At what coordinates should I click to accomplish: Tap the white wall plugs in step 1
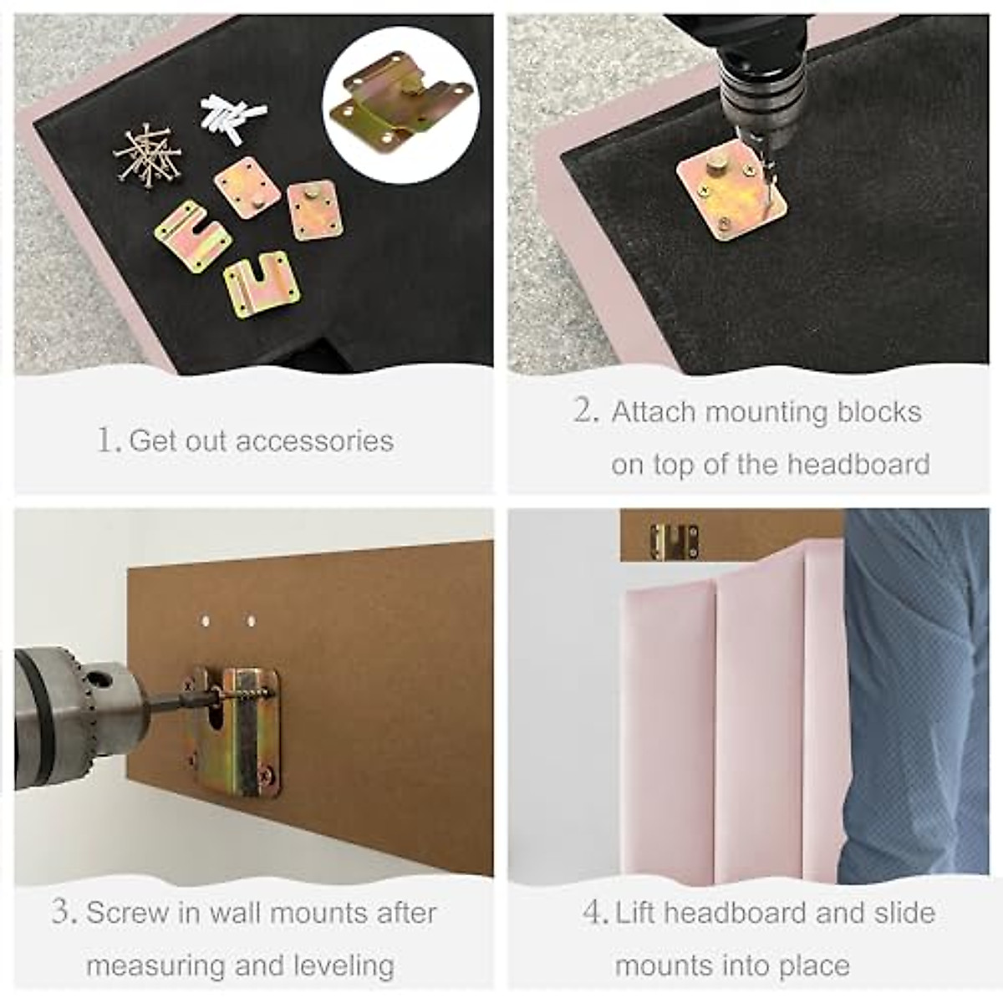pos(232,116)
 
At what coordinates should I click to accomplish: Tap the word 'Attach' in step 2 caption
pos(653,412)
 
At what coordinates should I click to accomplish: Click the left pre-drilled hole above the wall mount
pos(206,621)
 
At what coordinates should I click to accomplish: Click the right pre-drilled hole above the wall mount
pos(251,621)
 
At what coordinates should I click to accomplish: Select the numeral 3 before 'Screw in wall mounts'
pos(63,912)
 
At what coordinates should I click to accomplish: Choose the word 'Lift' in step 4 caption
pos(636,912)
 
